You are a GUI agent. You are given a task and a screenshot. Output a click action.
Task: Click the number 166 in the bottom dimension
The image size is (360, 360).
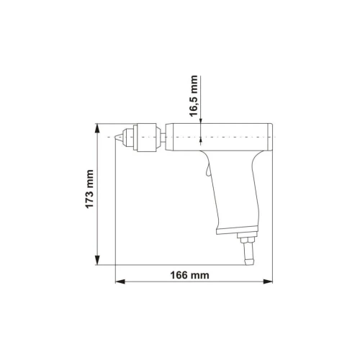(186, 274)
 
